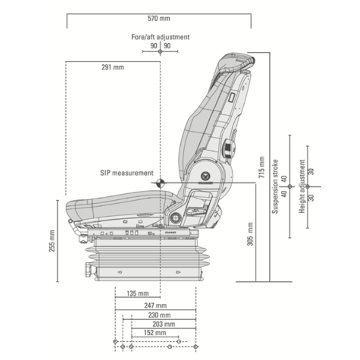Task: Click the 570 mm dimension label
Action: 159,18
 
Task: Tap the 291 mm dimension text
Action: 112,67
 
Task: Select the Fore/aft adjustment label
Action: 160,37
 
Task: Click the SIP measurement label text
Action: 127,173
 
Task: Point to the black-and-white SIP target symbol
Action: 160,183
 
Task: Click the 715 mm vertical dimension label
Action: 262,167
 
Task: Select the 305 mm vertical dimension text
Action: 250,234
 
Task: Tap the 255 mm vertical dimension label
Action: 52,241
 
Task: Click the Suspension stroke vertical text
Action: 276,186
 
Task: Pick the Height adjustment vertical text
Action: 302,186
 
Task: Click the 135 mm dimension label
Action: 137,294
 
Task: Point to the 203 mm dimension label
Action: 163,324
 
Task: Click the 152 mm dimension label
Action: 155,333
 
